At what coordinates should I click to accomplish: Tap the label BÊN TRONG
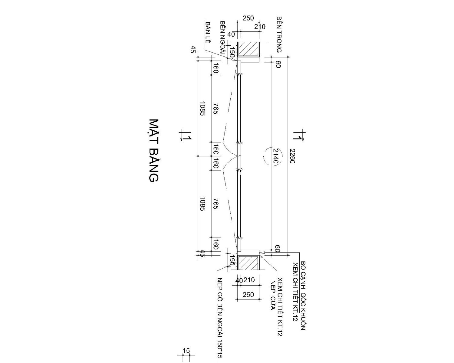(279, 35)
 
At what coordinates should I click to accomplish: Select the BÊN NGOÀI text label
(223, 38)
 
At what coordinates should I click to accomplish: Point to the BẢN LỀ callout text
(208, 32)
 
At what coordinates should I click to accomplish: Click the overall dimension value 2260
(292, 156)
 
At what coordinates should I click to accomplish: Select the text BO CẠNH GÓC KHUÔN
(303, 296)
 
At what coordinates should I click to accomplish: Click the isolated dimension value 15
(186, 351)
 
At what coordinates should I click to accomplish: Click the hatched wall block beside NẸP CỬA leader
(248, 262)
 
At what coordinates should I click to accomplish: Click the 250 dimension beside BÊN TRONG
(248, 18)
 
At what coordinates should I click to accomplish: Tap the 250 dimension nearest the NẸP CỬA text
(248, 295)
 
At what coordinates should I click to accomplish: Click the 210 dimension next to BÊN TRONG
(260, 27)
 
